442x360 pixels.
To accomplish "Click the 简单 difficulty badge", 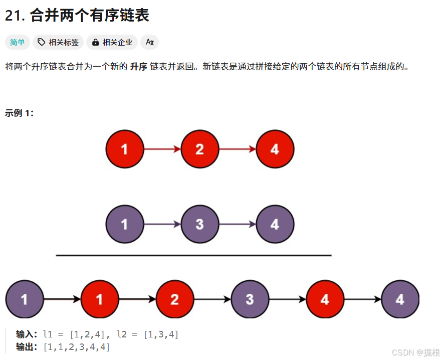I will [x=18, y=42].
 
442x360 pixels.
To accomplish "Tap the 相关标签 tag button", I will [x=59, y=42].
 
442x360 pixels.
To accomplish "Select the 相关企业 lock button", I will [x=113, y=42].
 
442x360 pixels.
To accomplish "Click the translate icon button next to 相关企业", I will [x=149, y=42].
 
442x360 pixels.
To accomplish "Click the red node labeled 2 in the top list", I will [x=199, y=149].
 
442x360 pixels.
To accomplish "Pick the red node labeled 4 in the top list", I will [x=275, y=149].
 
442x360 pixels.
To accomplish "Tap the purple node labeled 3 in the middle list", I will [x=199, y=224].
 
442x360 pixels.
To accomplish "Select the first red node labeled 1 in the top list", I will [x=124, y=149].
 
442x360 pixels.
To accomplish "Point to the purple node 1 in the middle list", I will [x=124, y=224].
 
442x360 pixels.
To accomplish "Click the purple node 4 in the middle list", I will [x=275, y=224].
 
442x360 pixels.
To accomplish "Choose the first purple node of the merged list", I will [x=25, y=299].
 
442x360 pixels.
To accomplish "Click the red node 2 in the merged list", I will [x=174, y=299].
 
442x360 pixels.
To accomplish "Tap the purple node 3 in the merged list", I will [x=250, y=299].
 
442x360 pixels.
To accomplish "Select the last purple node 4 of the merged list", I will [x=399, y=299].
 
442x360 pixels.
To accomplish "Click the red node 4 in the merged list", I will [x=325, y=299].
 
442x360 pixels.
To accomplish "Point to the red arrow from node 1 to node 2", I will [x=162, y=149].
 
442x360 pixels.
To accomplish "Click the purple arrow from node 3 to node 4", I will [x=237, y=224].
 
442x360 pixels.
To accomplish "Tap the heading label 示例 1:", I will [x=19, y=113].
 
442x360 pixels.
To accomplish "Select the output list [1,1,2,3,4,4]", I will [x=77, y=346].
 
